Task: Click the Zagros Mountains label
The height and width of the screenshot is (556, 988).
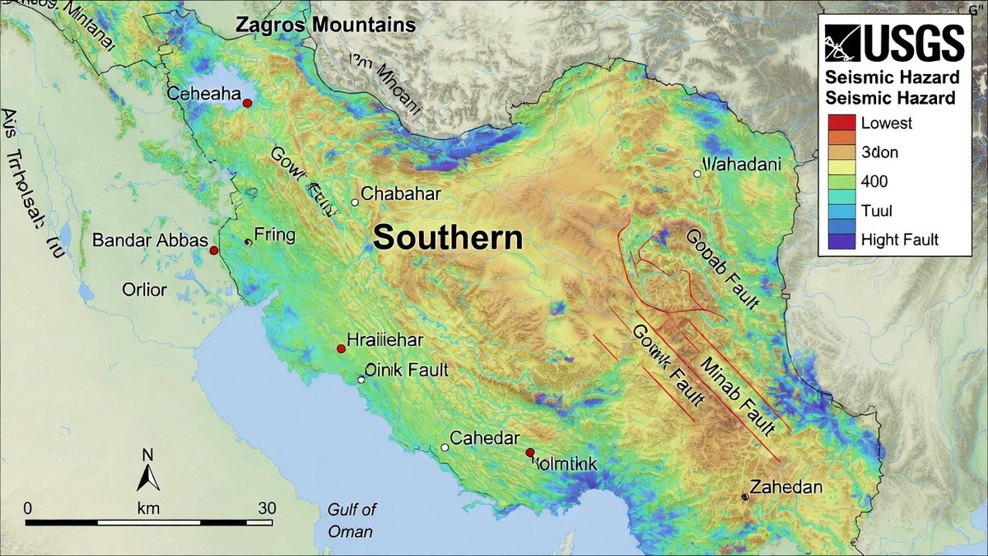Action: click(x=325, y=25)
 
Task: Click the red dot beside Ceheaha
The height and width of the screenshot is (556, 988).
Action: click(x=247, y=102)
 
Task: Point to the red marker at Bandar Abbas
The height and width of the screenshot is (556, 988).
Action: click(x=213, y=250)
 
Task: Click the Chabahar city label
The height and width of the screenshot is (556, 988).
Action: click(x=401, y=194)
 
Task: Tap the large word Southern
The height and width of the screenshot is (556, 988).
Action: click(x=448, y=238)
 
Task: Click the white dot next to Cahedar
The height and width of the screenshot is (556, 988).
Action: click(x=445, y=447)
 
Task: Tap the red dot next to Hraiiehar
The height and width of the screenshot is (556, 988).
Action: click(x=341, y=349)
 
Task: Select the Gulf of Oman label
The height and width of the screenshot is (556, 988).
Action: click(x=351, y=520)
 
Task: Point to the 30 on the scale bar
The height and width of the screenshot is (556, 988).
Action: click(x=266, y=507)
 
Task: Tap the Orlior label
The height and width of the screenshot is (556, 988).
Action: click(x=144, y=290)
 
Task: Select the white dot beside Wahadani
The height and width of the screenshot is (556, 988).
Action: click(x=697, y=173)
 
